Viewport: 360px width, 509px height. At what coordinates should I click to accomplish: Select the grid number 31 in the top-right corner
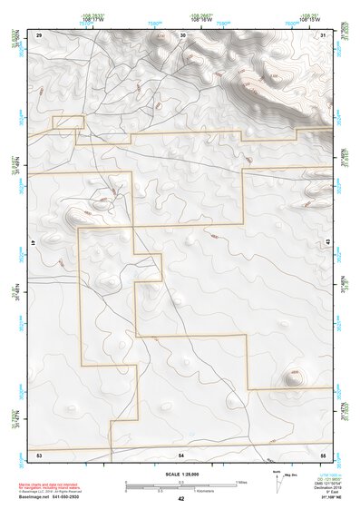pos(324,34)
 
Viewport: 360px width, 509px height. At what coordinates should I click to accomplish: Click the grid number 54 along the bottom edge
pos(181,453)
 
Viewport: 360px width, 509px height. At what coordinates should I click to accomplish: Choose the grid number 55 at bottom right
pos(323,453)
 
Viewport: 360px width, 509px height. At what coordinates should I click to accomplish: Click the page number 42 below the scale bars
pos(181,499)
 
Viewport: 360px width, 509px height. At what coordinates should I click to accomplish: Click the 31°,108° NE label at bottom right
pos(324,498)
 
